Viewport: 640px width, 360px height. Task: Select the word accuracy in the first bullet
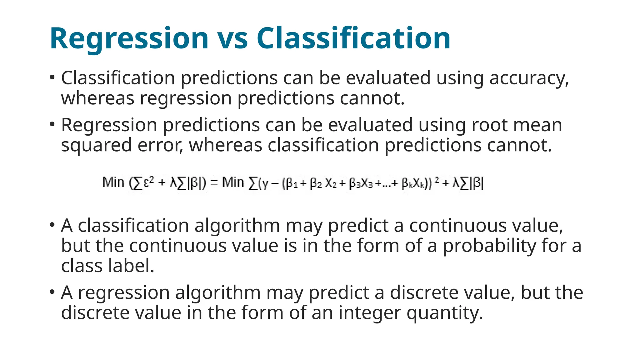click(x=529, y=78)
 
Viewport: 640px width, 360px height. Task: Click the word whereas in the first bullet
click(x=97, y=98)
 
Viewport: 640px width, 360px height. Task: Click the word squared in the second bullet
click(x=96, y=146)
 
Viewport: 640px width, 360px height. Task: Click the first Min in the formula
click(x=113, y=182)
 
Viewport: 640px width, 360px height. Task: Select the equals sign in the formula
click(x=214, y=182)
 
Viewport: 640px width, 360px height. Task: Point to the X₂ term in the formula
click(x=331, y=183)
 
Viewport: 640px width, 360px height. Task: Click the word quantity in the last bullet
click(x=444, y=313)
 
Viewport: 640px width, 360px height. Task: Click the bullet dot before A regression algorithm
click(x=52, y=292)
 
